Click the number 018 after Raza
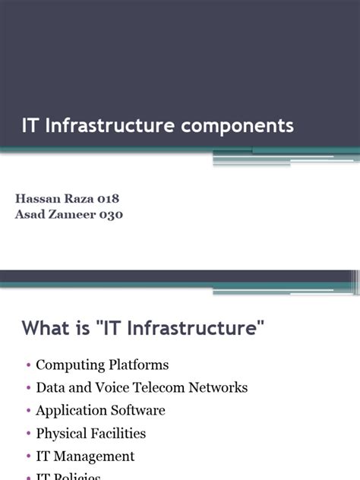click(x=106, y=198)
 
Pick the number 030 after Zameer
click(x=110, y=214)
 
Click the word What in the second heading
click(x=45, y=328)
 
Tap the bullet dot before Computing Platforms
click(x=28, y=365)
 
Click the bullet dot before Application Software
click(x=28, y=411)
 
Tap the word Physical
click(x=60, y=434)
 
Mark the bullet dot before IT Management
click(x=28, y=456)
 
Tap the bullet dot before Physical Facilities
click(x=28, y=434)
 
